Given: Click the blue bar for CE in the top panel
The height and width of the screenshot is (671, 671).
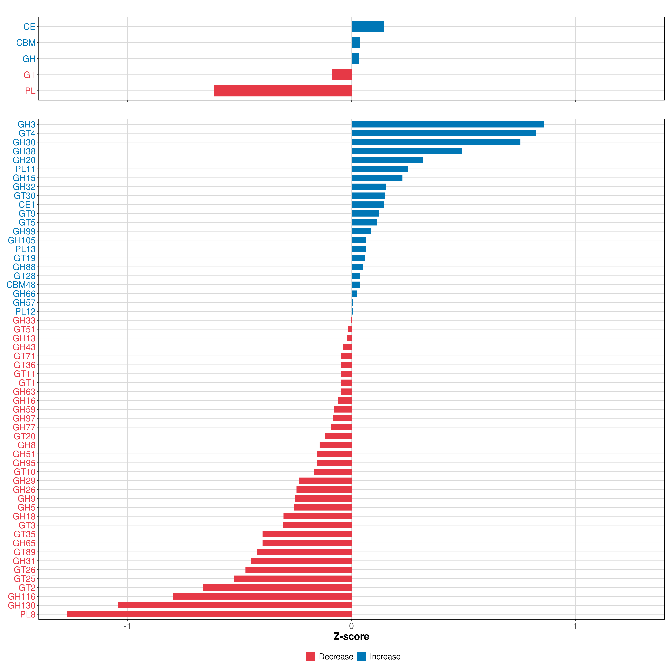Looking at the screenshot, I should coord(368,27).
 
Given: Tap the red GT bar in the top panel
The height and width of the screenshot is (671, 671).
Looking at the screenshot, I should coord(341,75).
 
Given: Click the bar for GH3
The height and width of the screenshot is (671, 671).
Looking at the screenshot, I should coord(448,124).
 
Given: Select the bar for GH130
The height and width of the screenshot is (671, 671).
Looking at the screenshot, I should coord(235,605).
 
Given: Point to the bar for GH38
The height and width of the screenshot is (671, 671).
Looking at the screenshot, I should coord(407,151).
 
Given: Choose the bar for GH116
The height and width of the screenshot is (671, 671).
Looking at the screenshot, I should coord(262,596).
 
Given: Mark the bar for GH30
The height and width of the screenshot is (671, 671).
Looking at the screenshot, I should coord(436,142).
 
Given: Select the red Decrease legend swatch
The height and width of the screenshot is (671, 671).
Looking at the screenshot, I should coord(310,656).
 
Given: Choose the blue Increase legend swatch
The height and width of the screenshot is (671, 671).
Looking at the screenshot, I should coord(362,656).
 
